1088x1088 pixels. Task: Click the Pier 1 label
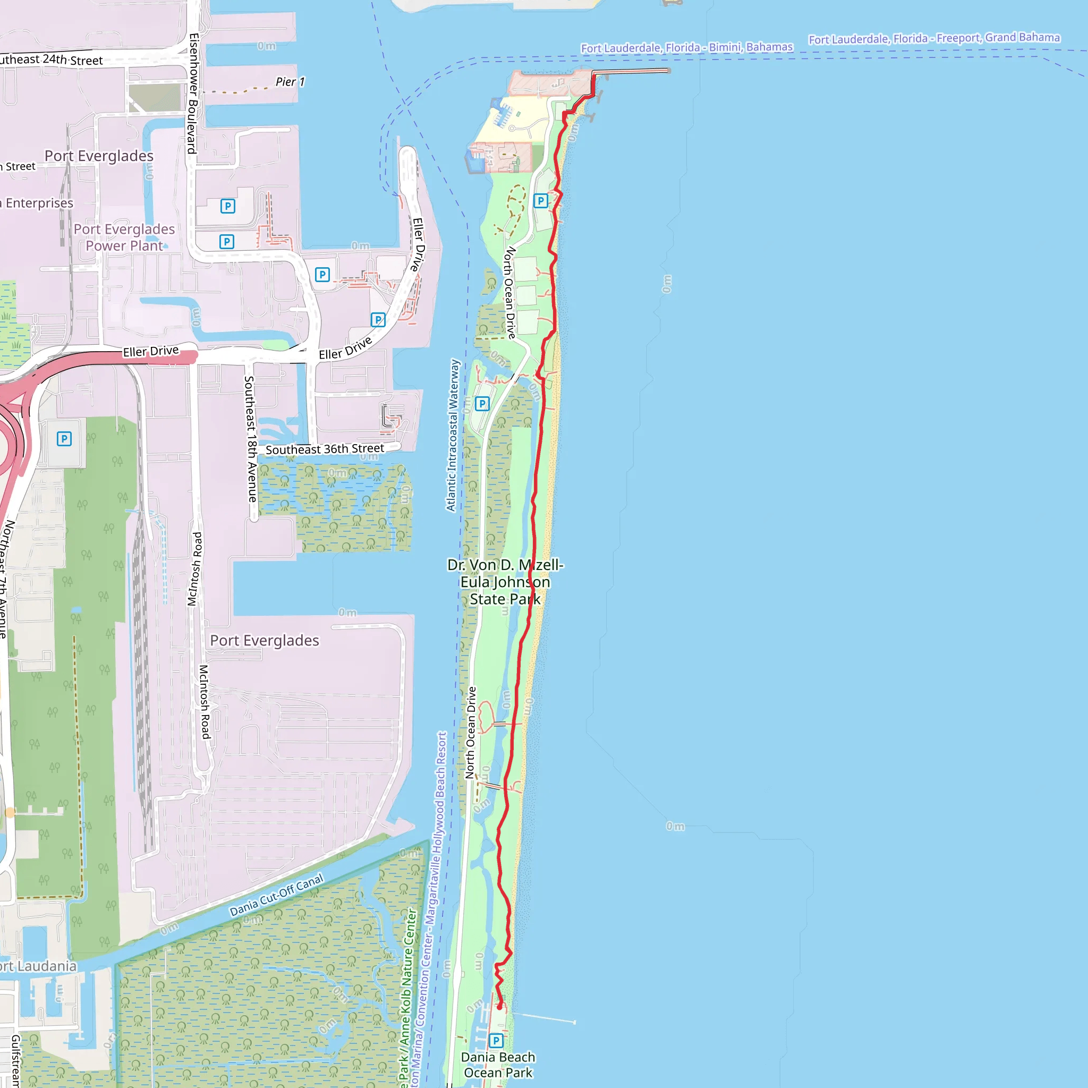pyautogui.click(x=290, y=82)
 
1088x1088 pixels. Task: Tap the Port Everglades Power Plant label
pyautogui.click(x=124, y=237)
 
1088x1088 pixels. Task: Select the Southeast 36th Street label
pyautogui.click(x=325, y=449)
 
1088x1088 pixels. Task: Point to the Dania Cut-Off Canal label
pyautogui.click(x=276, y=895)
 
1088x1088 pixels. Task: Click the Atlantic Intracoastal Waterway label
pyautogui.click(x=453, y=435)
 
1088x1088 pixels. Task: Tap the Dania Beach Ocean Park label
pyautogui.click(x=498, y=1065)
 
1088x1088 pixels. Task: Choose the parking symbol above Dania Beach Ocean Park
pyautogui.click(x=496, y=1041)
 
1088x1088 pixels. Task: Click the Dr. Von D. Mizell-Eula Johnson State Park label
pyautogui.click(x=505, y=582)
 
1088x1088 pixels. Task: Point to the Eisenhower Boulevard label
pyautogui.click(x=193, y=93)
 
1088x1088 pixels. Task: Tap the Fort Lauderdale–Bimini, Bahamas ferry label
pyautogui.click(x=686, y=48)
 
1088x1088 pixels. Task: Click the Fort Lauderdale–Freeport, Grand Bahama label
pyautogui.click(x=934, y=38)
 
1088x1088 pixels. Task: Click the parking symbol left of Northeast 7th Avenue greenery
pyautogui.click(x=64, y=439)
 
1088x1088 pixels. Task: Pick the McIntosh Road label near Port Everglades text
pyautogui.click(x=205, y=702)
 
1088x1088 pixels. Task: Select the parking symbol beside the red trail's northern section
pyautogui.click(x=541, y=200)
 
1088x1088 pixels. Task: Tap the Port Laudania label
pyautogui.click(x=38, y=966)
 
